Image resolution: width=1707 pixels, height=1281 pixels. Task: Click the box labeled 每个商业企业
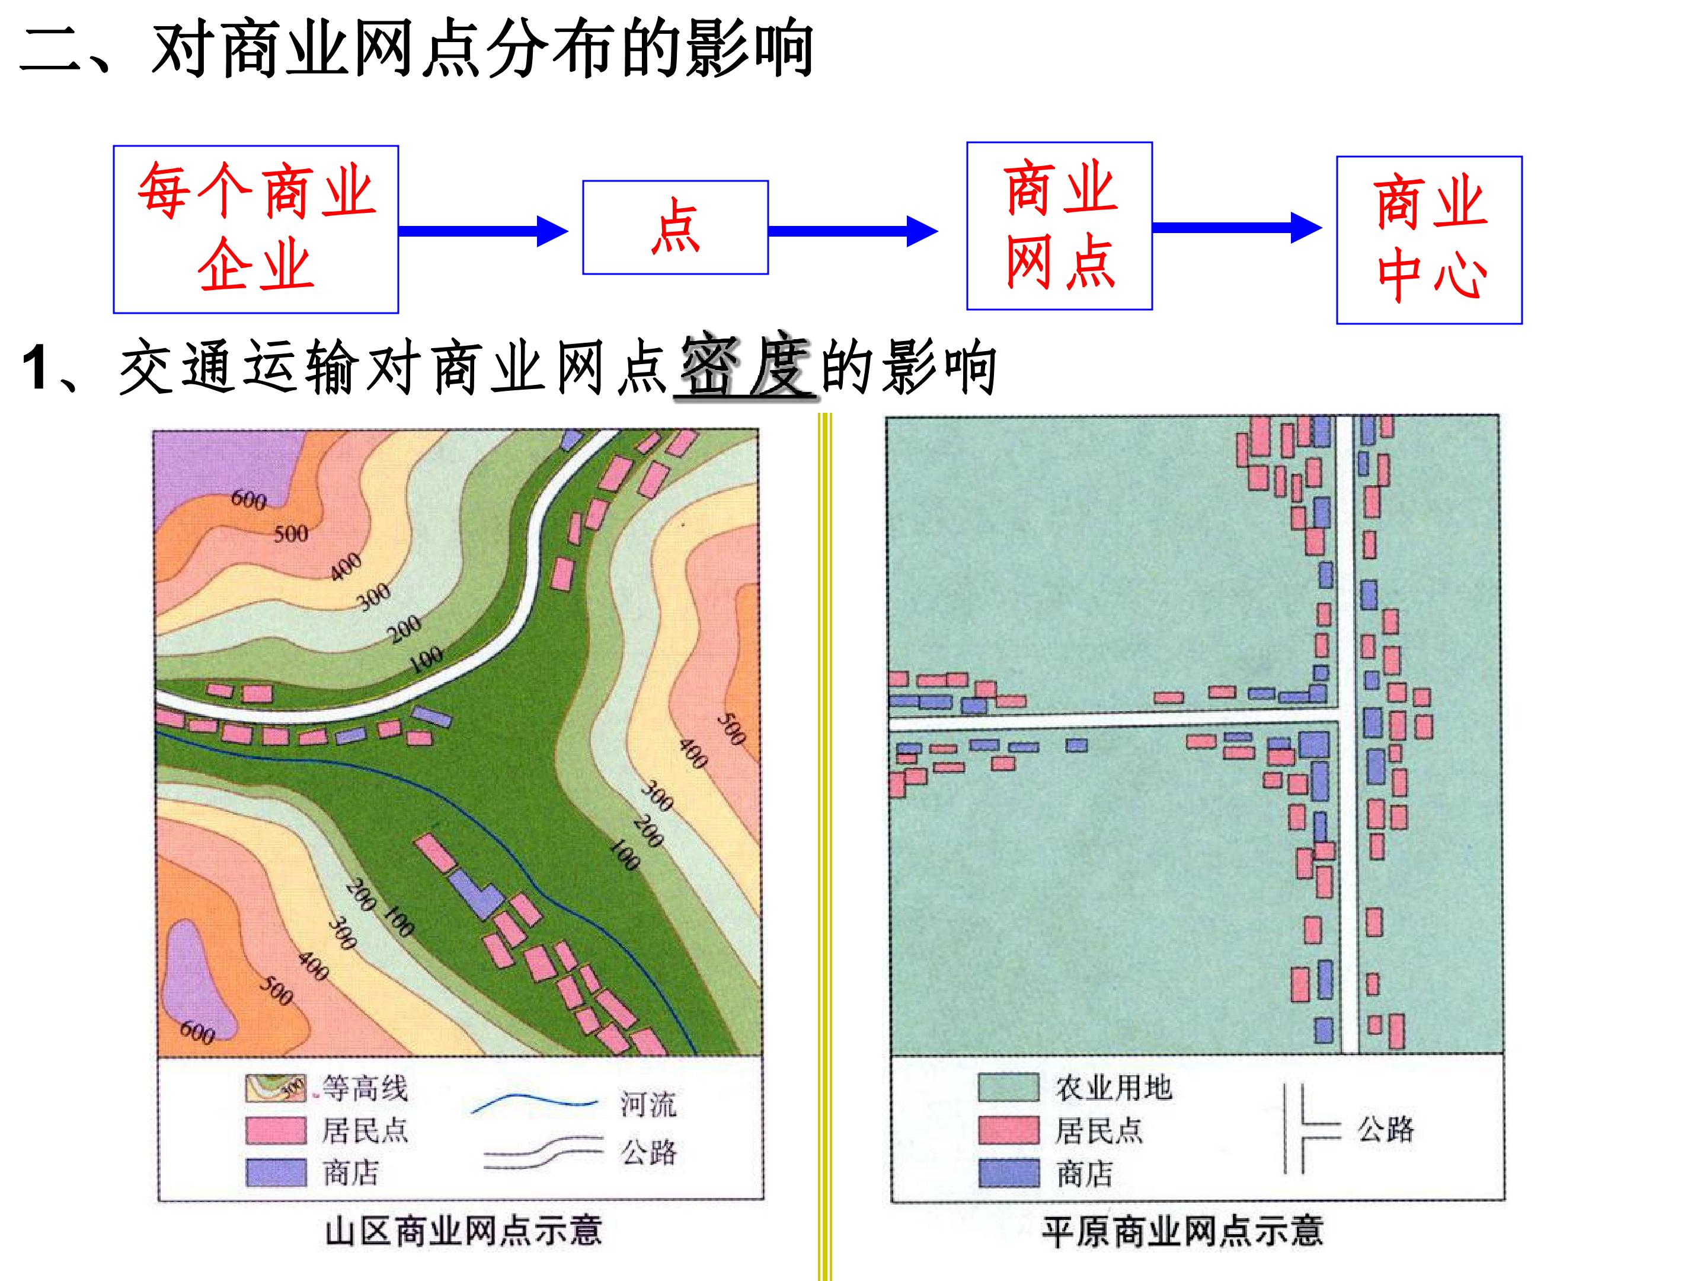click(x=255, y=230)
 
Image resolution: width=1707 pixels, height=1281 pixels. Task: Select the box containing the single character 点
click(x=675, y=227)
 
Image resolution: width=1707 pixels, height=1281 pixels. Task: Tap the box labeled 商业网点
click(x=1060, y=225)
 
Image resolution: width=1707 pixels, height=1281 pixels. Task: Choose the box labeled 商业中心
click(x=1429, y=240)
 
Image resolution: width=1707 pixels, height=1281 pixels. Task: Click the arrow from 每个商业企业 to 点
click(x=483, y=231)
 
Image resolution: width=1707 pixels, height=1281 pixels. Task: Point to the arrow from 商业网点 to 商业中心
click(x=1237, y=227)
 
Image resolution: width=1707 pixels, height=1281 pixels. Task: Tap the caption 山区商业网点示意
click(x=463, y=1231)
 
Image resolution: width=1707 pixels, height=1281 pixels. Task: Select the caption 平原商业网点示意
click(x=1182, y=1231)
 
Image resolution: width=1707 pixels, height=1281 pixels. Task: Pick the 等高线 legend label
click(x=365, y=1088)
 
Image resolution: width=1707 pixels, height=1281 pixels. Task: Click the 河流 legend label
click(x=648, y=1104)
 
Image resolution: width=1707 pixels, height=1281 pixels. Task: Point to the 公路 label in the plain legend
click(x=1386, y=1129)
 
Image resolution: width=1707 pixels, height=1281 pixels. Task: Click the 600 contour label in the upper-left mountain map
click(x=248, y=499)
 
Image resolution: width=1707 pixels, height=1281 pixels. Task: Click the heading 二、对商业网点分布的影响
click(x=417, y=49)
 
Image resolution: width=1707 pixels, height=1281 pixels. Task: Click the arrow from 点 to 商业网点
click(x=853, y=231)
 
